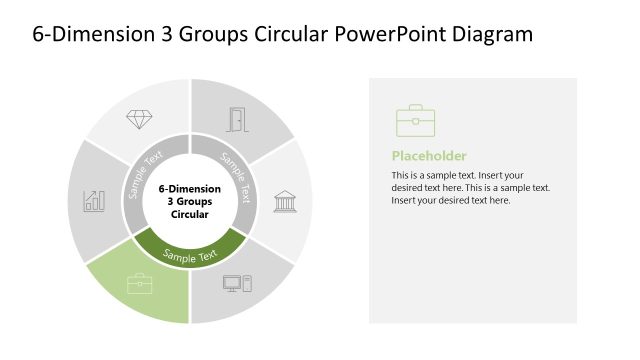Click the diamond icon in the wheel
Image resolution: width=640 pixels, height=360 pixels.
(x=139, y=119)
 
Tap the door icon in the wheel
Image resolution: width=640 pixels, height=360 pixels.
(x=237, y=119)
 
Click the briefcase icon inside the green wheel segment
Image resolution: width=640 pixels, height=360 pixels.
(x=139, y=283)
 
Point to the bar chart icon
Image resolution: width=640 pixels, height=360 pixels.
(x=95, y=200)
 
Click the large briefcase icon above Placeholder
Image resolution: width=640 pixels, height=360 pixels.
(x=415, y=121)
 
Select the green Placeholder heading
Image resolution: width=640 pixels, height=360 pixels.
(x=428, y=156)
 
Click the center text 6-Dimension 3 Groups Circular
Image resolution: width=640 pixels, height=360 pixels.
(x=190, y=200)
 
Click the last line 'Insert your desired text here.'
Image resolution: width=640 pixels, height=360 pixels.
(x=450, y=200)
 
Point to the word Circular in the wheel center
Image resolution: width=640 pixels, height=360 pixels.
(x=190, y=214)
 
